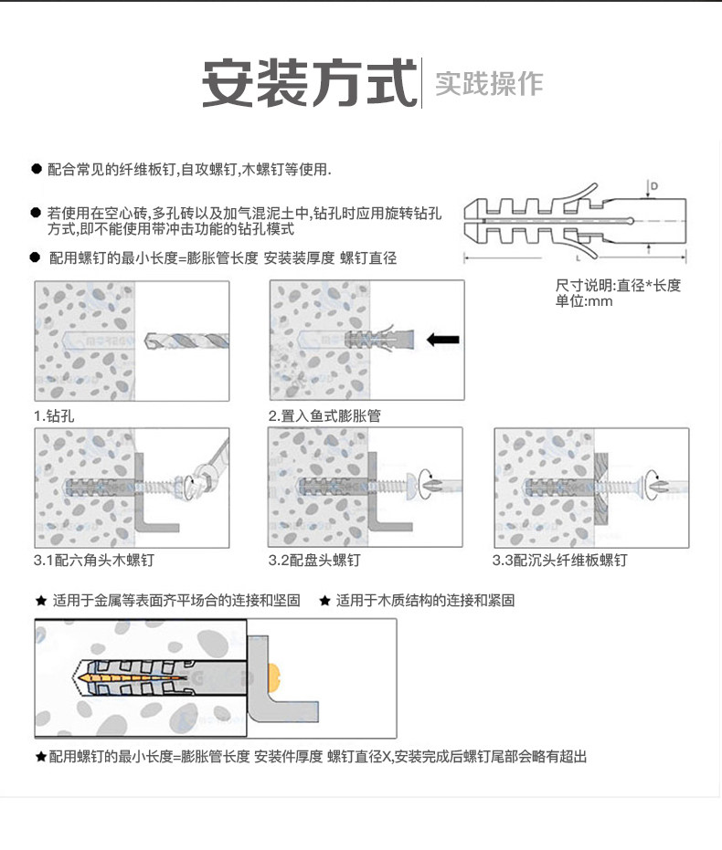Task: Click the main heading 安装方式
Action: [x=308, y=84]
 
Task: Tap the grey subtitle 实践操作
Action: [x=489, y=84]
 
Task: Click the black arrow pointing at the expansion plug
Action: [x=443, y=340]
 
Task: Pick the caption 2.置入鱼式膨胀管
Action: [x=324, y=415]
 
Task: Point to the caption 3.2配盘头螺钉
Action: [x=314, y=560]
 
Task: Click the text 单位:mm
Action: [x=584, y=301]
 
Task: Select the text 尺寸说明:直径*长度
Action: [x=618, y=285]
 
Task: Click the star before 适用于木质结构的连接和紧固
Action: [x=324, y=601]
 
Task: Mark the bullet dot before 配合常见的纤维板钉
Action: [x=36, y=170]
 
